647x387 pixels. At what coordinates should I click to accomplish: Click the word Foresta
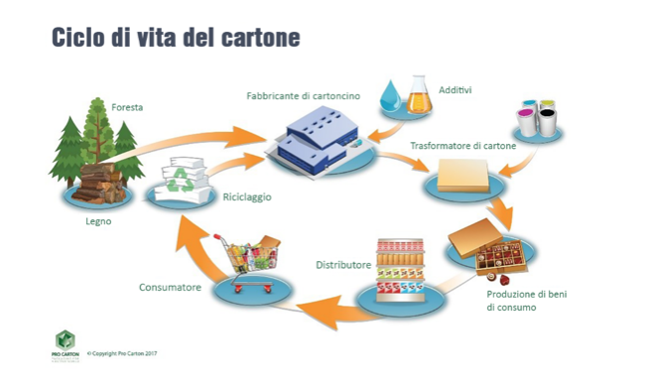point(127,106)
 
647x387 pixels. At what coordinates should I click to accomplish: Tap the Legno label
point(99,221)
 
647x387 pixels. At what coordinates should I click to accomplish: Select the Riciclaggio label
point(246,196)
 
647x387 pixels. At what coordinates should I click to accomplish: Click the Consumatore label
point(170,288)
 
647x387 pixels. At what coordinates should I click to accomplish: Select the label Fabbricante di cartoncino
point(303,96)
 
